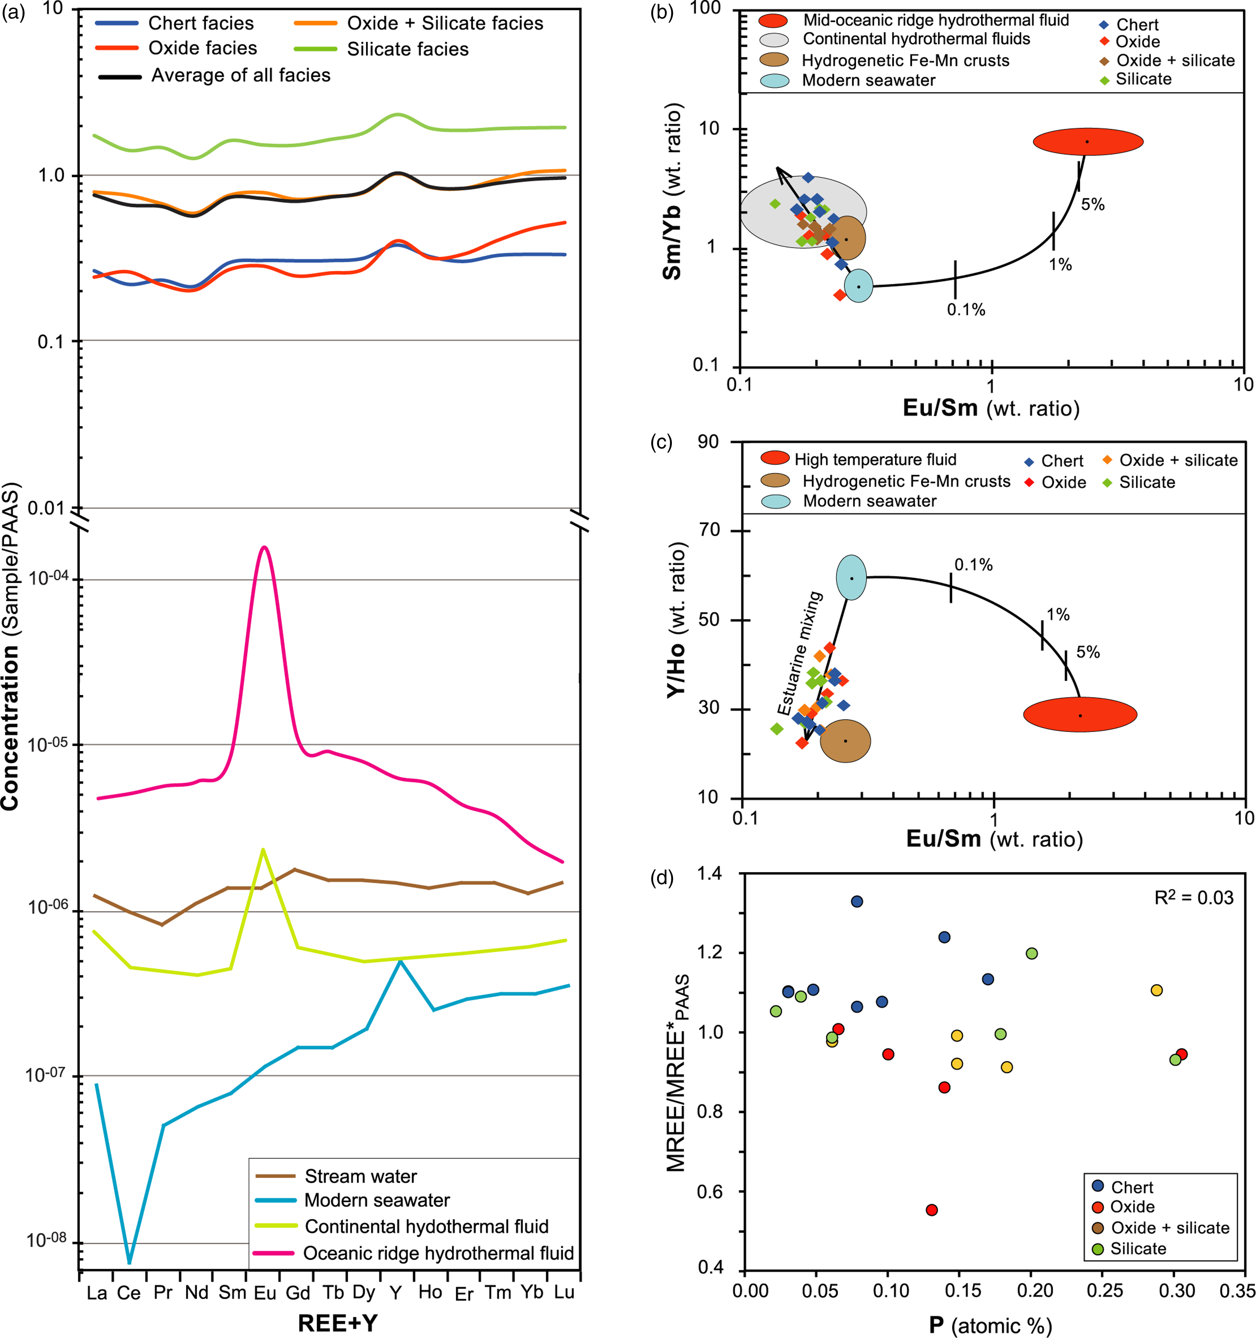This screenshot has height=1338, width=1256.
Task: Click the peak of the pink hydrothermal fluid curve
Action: coord(265,547)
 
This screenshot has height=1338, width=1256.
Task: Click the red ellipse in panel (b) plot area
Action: coord(1088,141)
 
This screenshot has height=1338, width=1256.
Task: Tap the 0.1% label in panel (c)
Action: coord(973,565)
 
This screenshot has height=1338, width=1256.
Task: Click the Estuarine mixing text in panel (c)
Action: coord(801,653)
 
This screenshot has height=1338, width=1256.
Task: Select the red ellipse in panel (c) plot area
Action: coord(1080,714)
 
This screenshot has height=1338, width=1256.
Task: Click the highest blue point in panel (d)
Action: coord(857,901)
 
